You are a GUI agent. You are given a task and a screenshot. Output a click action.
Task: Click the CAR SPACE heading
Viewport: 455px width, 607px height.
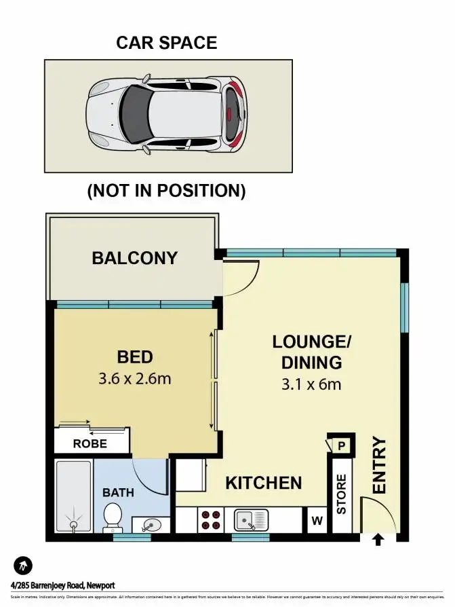(x=167, y=43)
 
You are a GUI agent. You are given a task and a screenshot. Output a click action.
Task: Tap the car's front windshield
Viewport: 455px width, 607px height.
(x=134, y=111)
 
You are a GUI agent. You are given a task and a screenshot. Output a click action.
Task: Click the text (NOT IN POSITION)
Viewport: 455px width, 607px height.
(x=166, y=191)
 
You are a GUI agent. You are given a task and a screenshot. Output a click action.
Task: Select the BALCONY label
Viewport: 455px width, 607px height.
(x=134, y=258)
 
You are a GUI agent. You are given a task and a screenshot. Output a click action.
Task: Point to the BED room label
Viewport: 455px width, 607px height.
(x=134, y=356)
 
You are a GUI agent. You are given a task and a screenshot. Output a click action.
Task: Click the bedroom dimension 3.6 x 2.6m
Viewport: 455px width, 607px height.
(x=134, y=378)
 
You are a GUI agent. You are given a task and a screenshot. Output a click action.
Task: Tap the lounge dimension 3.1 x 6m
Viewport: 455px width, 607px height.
(x=311, y=384)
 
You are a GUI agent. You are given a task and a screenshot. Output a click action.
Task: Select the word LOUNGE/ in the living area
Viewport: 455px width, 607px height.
(x=312, y=341)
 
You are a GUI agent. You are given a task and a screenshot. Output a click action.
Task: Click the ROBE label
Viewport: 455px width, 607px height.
(x=90, y=444)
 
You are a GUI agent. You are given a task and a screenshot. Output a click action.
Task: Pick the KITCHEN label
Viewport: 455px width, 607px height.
(x=263, y=483)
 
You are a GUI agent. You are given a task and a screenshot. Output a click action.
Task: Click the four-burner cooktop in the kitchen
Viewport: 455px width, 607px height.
(x=210, y=519)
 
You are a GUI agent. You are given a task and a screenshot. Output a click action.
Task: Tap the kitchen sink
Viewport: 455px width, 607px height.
(x=252, y=520)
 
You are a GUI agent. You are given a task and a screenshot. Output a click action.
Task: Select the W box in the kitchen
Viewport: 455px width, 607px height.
(x=315, y=521)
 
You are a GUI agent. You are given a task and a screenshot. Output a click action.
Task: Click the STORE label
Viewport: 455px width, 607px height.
(x=341, y=494)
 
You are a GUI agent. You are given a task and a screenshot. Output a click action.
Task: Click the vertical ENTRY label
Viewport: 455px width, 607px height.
(x=378, y=465)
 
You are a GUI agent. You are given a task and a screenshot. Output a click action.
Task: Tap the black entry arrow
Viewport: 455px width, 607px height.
(x=378, y=540)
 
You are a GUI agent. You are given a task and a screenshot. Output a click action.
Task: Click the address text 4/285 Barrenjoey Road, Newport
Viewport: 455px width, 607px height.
(x=62, y=585)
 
